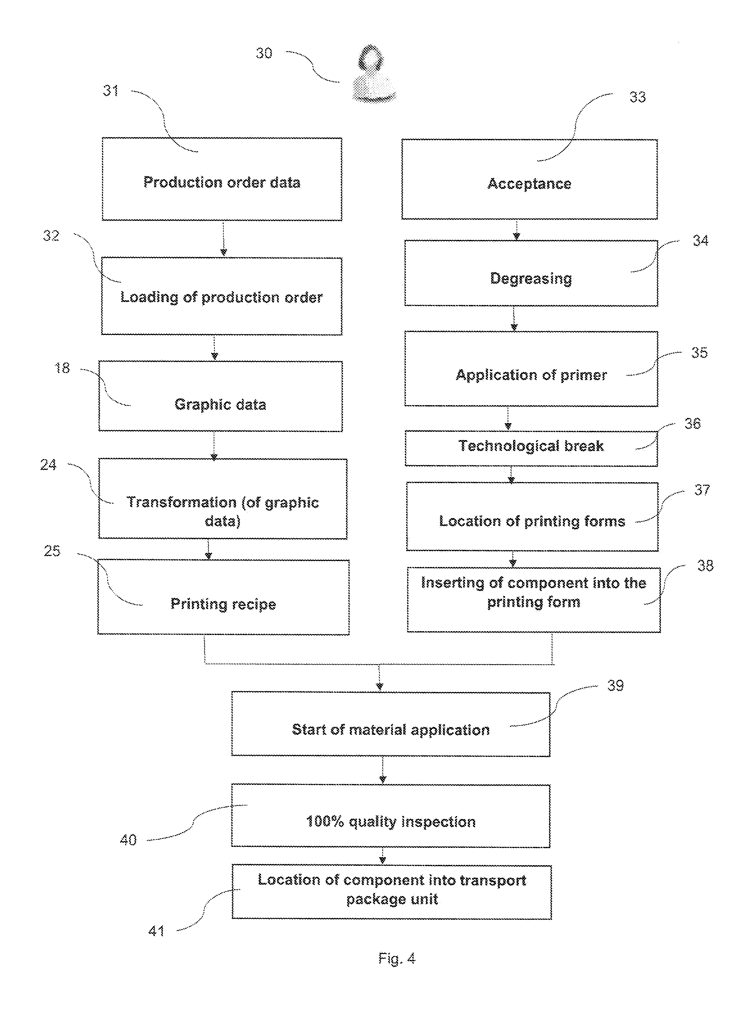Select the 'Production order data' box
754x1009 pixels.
(222, 179)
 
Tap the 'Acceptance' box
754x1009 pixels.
(529, 179)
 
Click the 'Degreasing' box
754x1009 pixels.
(531, 273)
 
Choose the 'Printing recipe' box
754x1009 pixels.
(223, 597)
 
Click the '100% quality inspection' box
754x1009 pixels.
(391, 816)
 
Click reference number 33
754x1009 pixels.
(637, 97)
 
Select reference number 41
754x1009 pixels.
(156, 931)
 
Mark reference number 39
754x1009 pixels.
(615, 686)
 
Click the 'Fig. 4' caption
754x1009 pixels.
(397, 958)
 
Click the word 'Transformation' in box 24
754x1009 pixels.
(181, 502)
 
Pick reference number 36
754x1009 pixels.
(692, 424)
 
